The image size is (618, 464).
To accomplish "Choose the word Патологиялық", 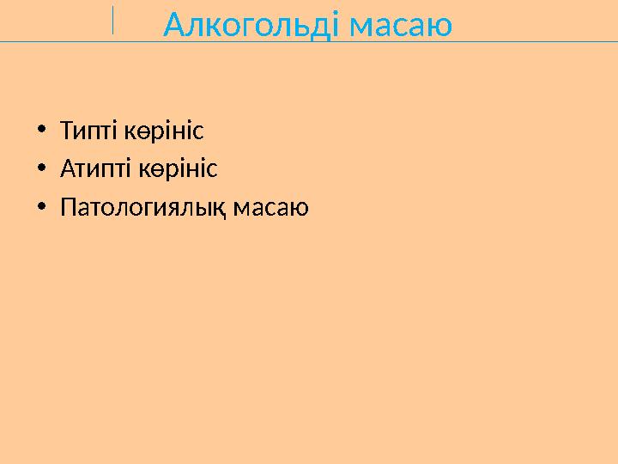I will pyautogui.click(x=142, y=208).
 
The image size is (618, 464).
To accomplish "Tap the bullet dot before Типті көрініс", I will pyautogui.click(x=41, y=131).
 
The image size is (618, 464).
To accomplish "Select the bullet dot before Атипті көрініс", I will pyautogui.click(x=41, y=169).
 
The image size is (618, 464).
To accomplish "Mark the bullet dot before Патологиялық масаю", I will pyautogui.click(x=41, y=208).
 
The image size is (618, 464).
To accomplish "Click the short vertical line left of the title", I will pyautogui.click(x=112, y=20).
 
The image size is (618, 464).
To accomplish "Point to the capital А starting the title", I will pyautogui.click(x=174, y=26).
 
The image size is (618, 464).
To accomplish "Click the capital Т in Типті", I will pyautogui.click(x=66, y=131).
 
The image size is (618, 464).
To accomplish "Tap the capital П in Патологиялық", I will pyautogui.click(x=68, y=208).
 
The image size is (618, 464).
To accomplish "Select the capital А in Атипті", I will pyautogui.click(x=67, y=169).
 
